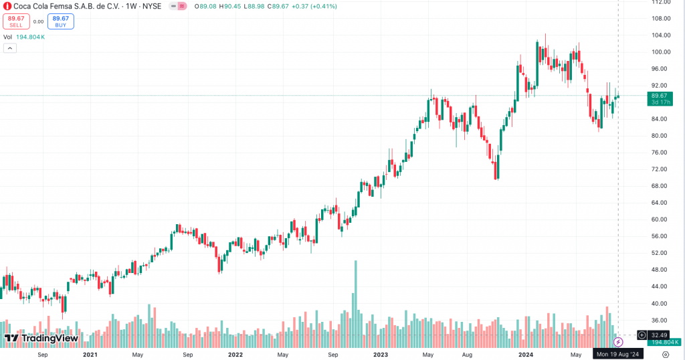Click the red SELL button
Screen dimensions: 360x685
point(16,21)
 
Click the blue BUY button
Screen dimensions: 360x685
point(60,21)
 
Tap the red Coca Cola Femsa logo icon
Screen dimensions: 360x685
point(7,6)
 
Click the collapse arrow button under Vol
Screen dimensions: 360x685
point(9,48)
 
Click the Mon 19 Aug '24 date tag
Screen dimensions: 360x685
point(619,354)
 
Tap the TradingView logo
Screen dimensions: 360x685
point(41,339)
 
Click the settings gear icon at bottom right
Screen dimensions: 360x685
point(666,354)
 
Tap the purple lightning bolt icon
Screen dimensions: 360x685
point(619,342)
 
